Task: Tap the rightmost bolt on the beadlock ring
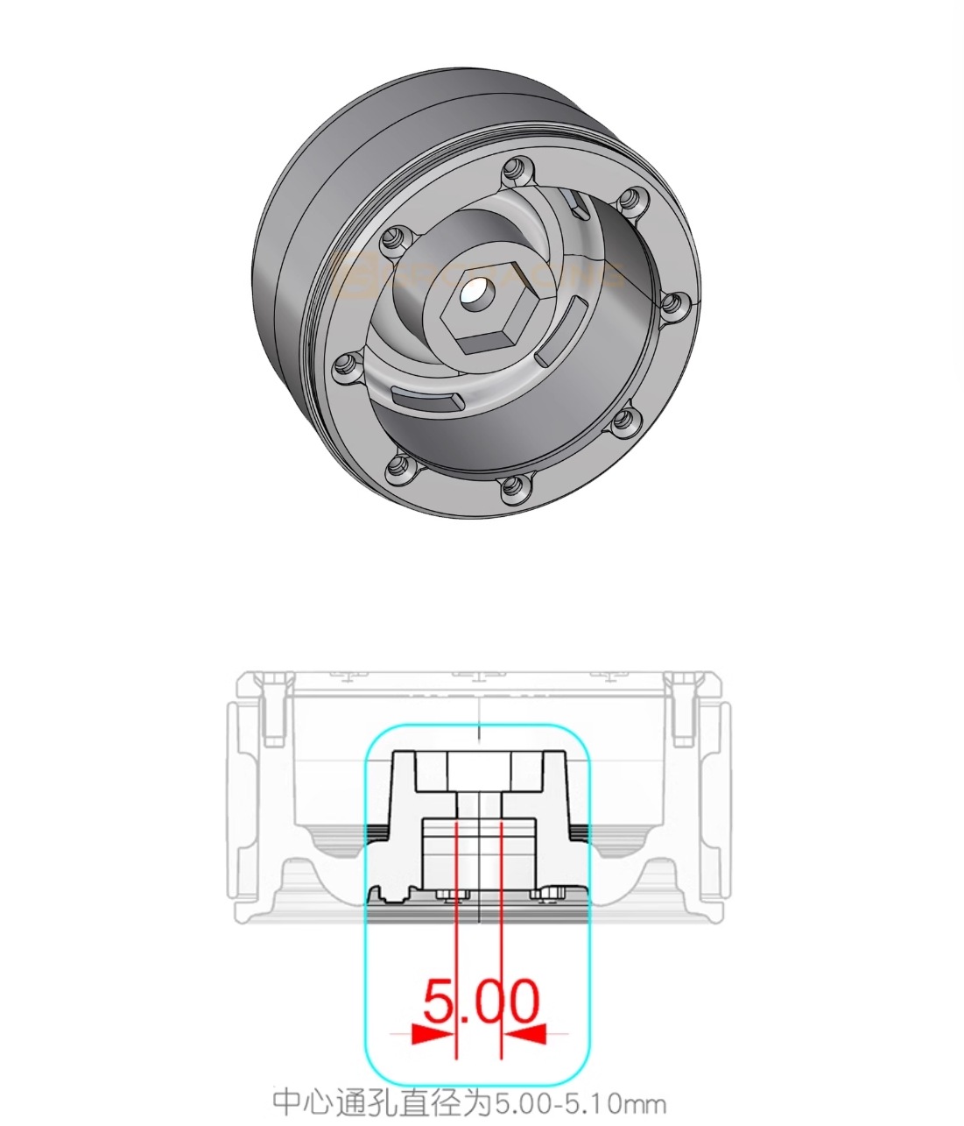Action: [672, 304]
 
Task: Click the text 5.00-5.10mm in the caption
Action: [580, 1102]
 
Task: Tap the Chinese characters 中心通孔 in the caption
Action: [327, 1102]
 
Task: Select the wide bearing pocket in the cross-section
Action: [478, 854]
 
